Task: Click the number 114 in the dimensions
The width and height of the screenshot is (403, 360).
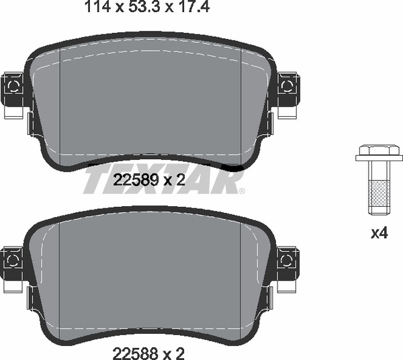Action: click(97, 7)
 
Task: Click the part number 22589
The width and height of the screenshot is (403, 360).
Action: click(136, 180)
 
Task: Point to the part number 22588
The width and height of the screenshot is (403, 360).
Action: click(135, 353)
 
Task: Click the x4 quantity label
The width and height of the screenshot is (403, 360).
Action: click(379, 234)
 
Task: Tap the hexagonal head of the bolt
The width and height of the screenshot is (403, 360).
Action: click(379, 150)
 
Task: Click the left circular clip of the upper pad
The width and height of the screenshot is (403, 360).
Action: click(13, 86)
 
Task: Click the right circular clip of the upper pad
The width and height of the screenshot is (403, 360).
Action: click(287, 85)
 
